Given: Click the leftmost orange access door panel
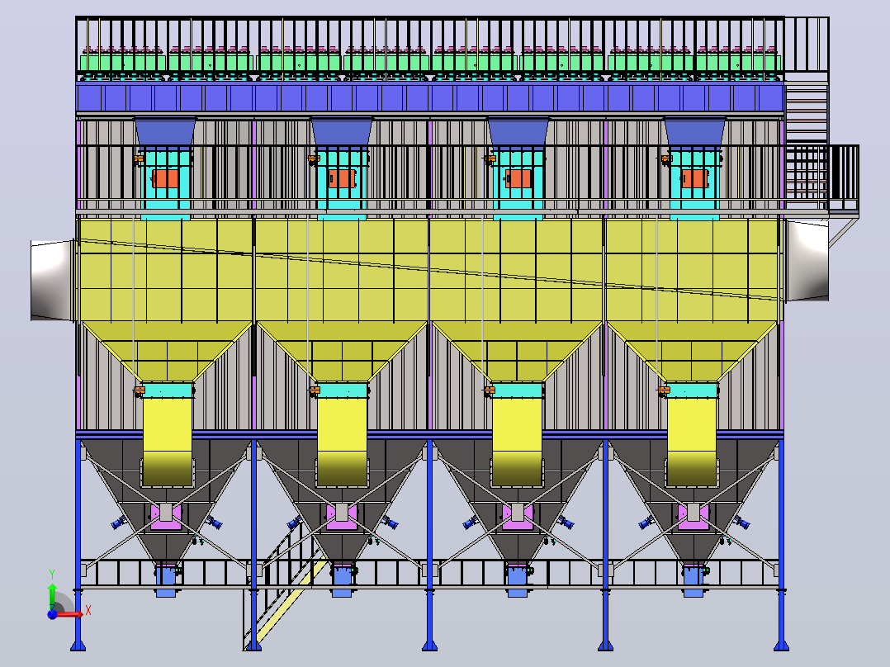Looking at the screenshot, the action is (x=165, y=178).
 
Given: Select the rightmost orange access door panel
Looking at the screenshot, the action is (x=695, y=178).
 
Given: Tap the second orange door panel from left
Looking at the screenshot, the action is (x=342, y=178).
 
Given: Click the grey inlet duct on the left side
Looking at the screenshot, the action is (x=53, y=281).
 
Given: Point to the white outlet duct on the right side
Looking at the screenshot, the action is (x=807, y=261).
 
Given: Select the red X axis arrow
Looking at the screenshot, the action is (x=67, y=613).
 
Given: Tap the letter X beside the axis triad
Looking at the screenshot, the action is (x=88, y=611).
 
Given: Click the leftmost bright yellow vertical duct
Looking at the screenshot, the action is (x=168, y=442).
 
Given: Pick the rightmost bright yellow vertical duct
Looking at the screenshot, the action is (x=691, y=442).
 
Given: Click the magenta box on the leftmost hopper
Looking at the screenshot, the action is (x=166, y=517).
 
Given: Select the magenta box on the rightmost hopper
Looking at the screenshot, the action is (x=694, y=517).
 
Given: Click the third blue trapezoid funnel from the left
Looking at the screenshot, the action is (x=518, y=132).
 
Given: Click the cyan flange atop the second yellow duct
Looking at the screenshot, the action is (x=343, y=390).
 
